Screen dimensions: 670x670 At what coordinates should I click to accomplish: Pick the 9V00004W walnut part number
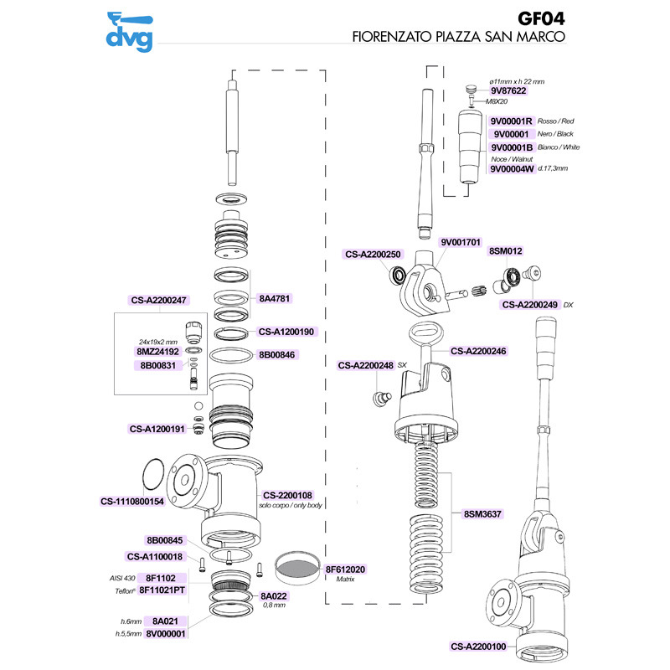click(x=511, y=168)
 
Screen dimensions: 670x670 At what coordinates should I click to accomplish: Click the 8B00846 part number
click(x=279, y=355)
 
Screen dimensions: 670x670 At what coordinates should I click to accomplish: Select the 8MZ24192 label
click(x=159, y=353)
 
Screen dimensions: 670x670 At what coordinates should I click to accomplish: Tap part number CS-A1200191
click(x=157, y=428)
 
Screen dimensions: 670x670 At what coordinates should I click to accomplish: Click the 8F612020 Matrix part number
click(x=346, y=569)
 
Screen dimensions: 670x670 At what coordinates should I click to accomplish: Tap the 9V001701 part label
click(x=461, y=242)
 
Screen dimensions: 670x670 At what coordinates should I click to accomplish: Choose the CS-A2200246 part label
click(x=481, y=350)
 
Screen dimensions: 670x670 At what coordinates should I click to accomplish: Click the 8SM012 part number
click(x=506, y=250)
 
